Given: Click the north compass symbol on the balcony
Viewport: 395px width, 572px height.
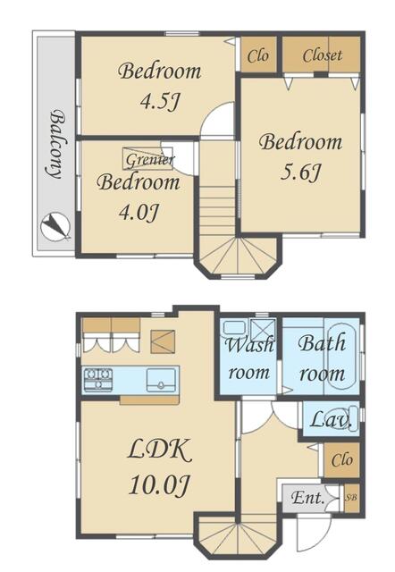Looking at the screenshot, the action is (55, 226).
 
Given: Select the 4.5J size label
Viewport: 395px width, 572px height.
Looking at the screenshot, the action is (160, 102).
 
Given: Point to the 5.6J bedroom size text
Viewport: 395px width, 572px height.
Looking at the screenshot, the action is (300, 172).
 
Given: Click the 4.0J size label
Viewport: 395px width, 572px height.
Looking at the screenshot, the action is (139, 213).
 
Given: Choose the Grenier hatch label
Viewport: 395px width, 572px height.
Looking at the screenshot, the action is (149, 160).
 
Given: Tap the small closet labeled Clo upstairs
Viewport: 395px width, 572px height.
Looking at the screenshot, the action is (258, 55).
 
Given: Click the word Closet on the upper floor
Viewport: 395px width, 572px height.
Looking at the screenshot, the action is (322, 55).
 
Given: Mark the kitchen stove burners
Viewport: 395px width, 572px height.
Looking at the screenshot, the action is (98, 379).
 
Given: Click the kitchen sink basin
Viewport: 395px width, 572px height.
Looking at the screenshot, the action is (161, 380).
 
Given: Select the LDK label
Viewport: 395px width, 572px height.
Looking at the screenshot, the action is (160, 450).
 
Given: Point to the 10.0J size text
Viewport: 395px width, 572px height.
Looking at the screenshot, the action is (159, 485).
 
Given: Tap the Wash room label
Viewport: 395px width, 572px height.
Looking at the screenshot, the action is (249, 359).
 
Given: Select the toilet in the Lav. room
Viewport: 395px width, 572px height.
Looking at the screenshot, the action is (346, 418).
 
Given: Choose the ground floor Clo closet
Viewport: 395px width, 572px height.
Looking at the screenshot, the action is (341, 460).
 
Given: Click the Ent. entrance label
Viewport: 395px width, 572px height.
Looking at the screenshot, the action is (308, 498).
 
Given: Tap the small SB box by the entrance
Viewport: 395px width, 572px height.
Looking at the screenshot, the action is (351, 498).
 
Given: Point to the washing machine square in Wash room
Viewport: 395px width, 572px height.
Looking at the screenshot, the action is (264, 329).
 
